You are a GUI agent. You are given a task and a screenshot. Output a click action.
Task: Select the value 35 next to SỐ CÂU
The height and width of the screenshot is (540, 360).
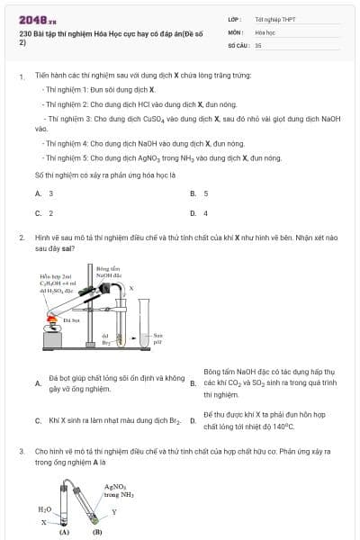258,43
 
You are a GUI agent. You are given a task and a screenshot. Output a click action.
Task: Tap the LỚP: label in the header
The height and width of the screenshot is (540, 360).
234,18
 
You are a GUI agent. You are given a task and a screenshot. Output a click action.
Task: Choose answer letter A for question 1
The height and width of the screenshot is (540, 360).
38,193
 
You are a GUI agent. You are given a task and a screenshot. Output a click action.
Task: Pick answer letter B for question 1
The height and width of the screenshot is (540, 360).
193,193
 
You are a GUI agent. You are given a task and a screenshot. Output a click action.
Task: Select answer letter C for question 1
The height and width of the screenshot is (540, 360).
38,213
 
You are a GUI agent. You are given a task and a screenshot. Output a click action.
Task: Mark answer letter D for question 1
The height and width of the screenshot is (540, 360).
193,213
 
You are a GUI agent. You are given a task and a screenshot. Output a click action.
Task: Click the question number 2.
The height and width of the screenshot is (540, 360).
21,238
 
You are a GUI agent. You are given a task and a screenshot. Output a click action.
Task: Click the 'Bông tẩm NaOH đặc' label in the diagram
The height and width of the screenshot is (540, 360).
108,271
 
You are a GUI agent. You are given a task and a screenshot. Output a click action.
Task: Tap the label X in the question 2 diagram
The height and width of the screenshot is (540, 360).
132,289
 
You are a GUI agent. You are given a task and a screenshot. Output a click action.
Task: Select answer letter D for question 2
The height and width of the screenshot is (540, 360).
193,420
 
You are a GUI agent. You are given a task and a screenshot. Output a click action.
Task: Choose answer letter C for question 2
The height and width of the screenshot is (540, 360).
38,420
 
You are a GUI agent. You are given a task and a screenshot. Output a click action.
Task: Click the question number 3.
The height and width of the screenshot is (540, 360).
21,450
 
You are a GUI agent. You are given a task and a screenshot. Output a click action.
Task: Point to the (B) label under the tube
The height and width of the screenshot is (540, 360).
96,532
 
